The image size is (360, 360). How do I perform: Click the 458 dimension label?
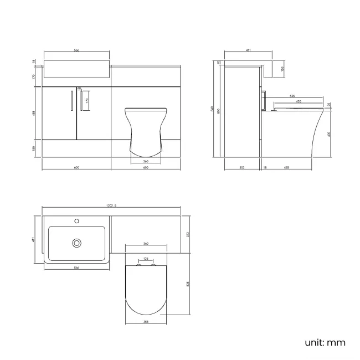34,114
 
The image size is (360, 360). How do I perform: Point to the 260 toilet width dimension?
145,161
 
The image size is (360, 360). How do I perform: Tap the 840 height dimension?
212,109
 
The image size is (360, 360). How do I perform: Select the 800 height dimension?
218,111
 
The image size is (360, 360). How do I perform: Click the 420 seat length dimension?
299,101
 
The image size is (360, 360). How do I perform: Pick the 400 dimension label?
329,133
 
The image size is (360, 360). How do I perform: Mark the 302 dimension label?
243,167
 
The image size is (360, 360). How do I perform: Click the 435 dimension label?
286,167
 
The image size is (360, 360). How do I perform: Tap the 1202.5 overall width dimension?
111,206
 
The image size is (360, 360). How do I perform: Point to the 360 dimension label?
146,244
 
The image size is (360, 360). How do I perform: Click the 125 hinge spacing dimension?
146,259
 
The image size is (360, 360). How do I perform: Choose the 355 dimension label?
146,322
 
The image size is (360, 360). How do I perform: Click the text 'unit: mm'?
325,342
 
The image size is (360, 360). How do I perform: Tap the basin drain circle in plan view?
77,242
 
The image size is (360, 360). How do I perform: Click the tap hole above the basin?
77,221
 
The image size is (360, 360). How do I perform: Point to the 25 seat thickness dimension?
329,104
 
